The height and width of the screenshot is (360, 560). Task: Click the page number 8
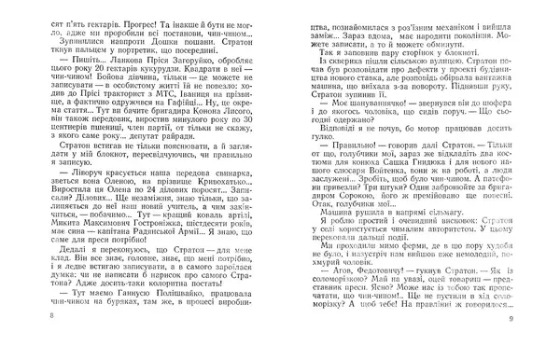click(x=8, y=345)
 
